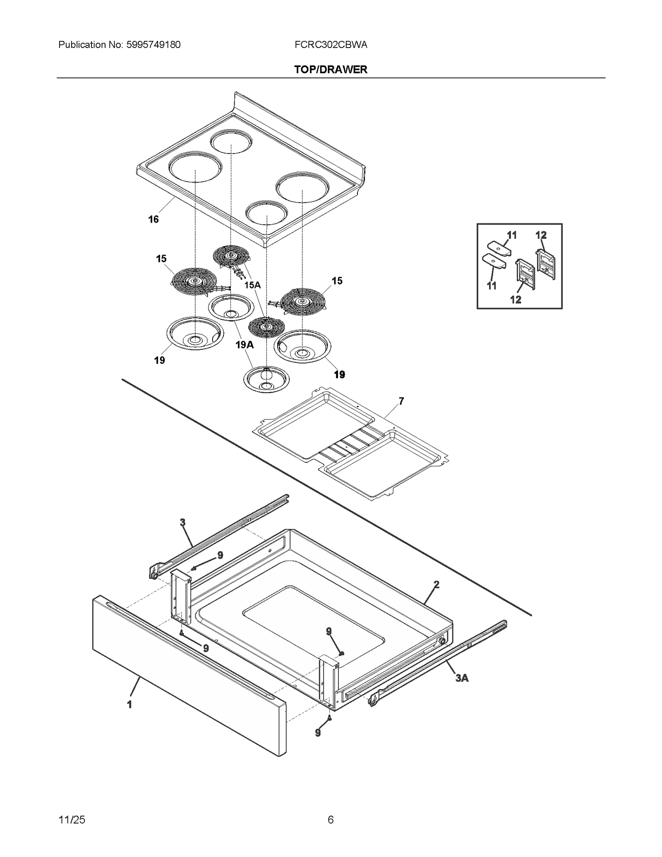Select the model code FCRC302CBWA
(x=331, y=45)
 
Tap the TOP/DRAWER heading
(x=331, y=70)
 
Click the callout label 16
(x=154, y=220)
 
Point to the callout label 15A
(x=252, y=285)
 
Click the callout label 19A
(x=244, y=345)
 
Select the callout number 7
(x=401, y=401)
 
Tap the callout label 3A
(x=462, y=678)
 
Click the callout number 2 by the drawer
(x=436, y=585)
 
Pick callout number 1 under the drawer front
(x=130, y=704)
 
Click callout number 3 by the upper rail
(x=182, y=523)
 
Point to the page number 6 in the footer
(x=331, y=819)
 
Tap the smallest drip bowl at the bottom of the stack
(x=266, y=379)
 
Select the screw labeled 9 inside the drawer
(x=341, y=653)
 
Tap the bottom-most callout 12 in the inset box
(x=516, y=300)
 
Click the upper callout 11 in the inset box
(x=512, y=235)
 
